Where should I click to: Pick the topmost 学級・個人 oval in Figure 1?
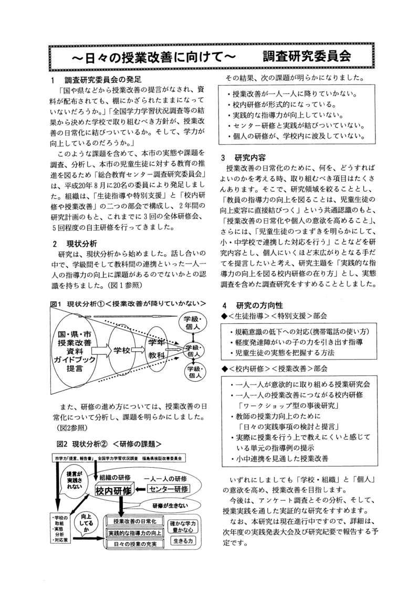190,323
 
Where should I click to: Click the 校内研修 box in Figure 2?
114,490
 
